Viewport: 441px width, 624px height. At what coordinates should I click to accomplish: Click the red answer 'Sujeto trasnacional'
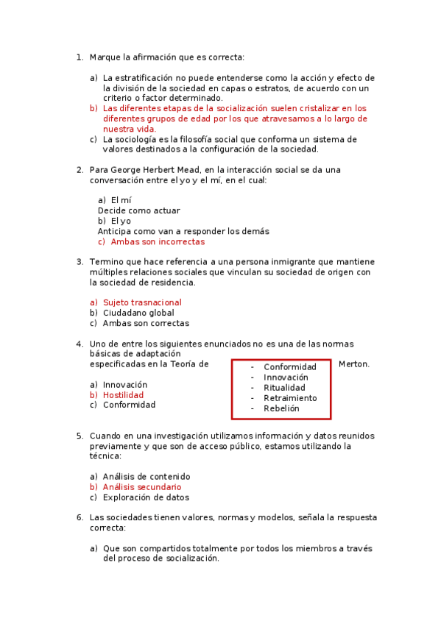(142, 302)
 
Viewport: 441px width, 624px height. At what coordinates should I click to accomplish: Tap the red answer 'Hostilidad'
(123, 395)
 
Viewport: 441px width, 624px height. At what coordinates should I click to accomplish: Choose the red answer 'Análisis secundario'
(142, 487)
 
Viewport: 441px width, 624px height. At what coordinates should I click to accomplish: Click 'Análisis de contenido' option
(147, 477)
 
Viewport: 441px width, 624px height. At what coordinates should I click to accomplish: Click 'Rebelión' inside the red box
(281, 408)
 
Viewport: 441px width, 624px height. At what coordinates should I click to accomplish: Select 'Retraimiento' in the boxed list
(290, 398)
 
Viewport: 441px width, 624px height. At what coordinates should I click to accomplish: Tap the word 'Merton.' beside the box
(354, 364)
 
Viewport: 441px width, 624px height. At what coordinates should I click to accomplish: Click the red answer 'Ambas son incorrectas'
(158, 241)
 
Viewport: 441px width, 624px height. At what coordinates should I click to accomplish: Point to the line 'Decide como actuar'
(138, 210)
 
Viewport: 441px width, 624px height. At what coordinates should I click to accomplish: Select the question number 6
(80, 517)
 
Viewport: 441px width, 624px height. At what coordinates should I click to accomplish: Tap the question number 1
(80, 57)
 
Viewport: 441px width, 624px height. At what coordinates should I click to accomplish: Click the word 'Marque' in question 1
(105, 57)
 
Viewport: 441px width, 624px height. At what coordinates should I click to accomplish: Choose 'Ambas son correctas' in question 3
(146, 323)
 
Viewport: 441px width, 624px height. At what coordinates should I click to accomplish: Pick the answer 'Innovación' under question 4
(125, 385)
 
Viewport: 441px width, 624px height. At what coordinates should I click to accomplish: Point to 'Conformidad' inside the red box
(290, 367)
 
